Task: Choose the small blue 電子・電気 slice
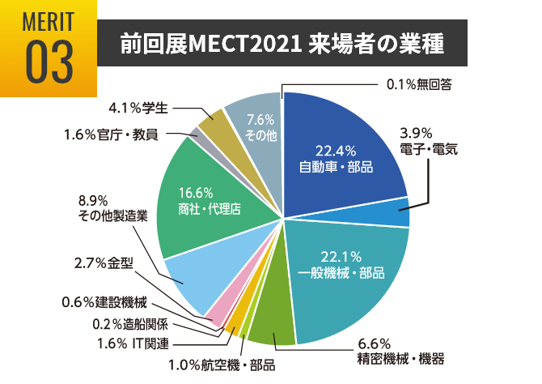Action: pyautogui.click(x=397, y=213)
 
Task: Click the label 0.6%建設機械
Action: pyautogui.click(x=104, y=304)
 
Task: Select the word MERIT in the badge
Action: pyautogui.click(x=49, y=19)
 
